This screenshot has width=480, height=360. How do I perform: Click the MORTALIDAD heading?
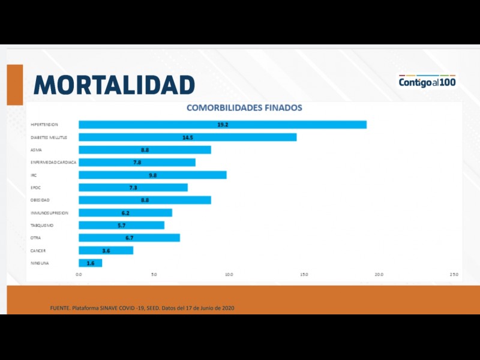pyautogui.click(x=114, y=85)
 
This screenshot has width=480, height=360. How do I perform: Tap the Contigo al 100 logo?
pyautogui.click(x=427, y=81)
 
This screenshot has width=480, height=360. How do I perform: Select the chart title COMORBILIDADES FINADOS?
pyautogui.click(x=244, y=108)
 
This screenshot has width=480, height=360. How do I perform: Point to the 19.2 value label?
pyautogui.click(x=223, y=125)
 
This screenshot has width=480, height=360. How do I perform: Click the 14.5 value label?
pyautogui.click(x=188, y=137)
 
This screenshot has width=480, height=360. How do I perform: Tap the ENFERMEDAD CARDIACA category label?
pyautogui.click(x=53, y=163)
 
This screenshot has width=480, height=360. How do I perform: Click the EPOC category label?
pyautogui.click(x=35, y=188)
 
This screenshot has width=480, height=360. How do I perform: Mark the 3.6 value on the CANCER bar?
pyautogui.click(x=106, y=250)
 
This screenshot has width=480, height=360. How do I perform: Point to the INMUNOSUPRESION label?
pyautogui.click(x=49, y=213)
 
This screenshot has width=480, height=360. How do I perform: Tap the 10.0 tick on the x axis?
pyautogui.click(x=229, y=275)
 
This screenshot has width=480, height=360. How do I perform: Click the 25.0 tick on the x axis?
pyautogui.click(x=454, y=275)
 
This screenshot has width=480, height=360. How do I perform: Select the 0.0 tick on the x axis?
pyautogui.click(x=79, y=275)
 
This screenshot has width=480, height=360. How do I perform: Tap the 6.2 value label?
pyautogui.click(x=125, y=213)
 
